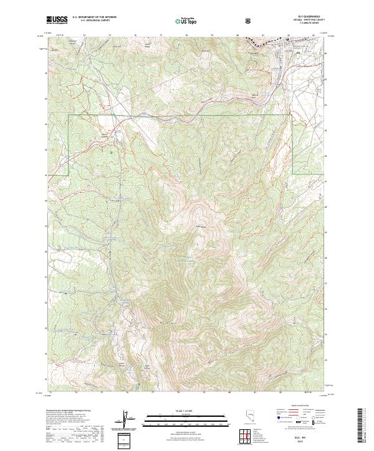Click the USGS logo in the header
57,21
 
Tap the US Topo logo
185,21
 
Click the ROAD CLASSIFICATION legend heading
294,406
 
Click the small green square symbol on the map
110,151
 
